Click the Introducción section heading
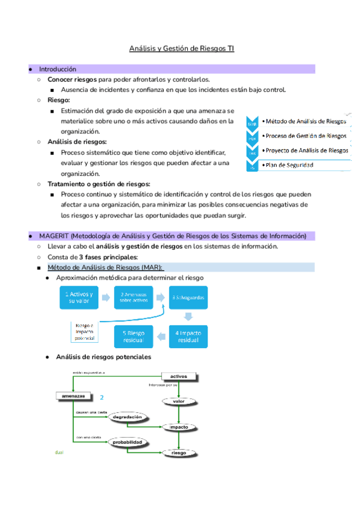[58, 69]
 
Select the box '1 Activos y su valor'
[80, 298]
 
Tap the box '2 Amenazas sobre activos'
[133, 298]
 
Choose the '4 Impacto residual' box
[188, 336]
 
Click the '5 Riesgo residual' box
[133, 336]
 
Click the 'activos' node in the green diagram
[178, 376]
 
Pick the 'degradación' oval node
[127, 417]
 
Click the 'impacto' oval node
[178, 427]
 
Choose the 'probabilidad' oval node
[127, 442]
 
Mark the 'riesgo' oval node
[178, 453]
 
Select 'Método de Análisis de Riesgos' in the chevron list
[305, 121]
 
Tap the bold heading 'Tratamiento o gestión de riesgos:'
[99, 184]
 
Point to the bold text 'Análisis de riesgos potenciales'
[103, 357]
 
